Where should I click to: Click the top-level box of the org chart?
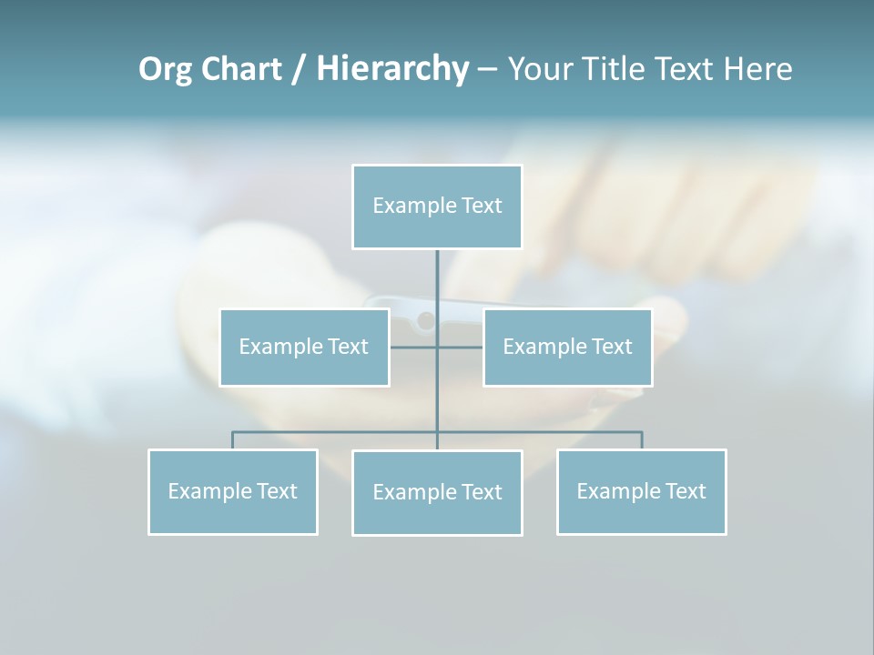[x=437, y=207]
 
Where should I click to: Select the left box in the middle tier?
[x=304, y=347]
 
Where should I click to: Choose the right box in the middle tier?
[x=567, y=347]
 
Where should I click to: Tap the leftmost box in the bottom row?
[x=232, y=491]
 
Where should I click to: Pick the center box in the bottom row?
[x=437, y=492]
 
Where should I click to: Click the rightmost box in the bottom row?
[x=641, y=491]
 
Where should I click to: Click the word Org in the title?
[x=165, y=70]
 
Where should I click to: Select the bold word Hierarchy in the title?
[x=392, y=70]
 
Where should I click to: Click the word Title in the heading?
[x=618, y=70]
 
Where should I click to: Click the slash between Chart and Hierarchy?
[x=299, y=70]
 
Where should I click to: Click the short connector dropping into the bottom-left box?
[x=232, y=440]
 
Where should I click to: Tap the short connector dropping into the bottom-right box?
[x=642, y=440]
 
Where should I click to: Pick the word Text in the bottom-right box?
[x=685, y=491]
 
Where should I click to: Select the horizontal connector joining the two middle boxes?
[x=414, y=347]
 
